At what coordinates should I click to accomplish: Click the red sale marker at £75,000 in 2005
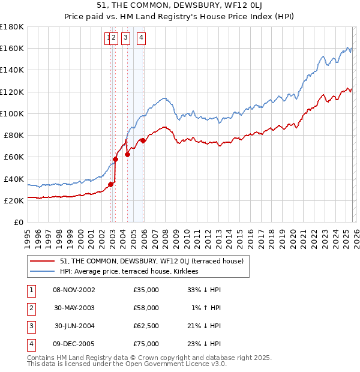coord(143,141)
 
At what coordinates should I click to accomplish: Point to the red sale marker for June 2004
coord(127,154)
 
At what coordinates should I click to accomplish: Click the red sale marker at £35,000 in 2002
coord(110,184)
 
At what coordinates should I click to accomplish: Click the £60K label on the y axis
coord(13,157)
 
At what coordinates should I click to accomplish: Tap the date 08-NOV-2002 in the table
coord(74,290)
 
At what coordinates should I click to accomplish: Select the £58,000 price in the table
coord(146,308)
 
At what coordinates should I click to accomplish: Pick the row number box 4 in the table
coord(29,344)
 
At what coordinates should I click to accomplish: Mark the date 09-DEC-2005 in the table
coord(74,344)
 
